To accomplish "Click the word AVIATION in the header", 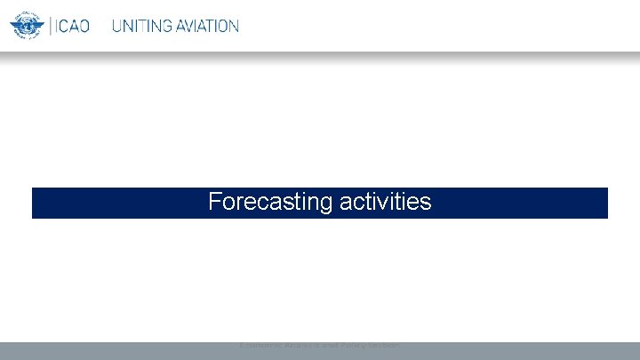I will click(205, 27).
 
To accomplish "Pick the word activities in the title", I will click(385, 203).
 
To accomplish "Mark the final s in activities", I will click(427, 204).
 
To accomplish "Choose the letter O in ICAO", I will click(84, 27).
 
